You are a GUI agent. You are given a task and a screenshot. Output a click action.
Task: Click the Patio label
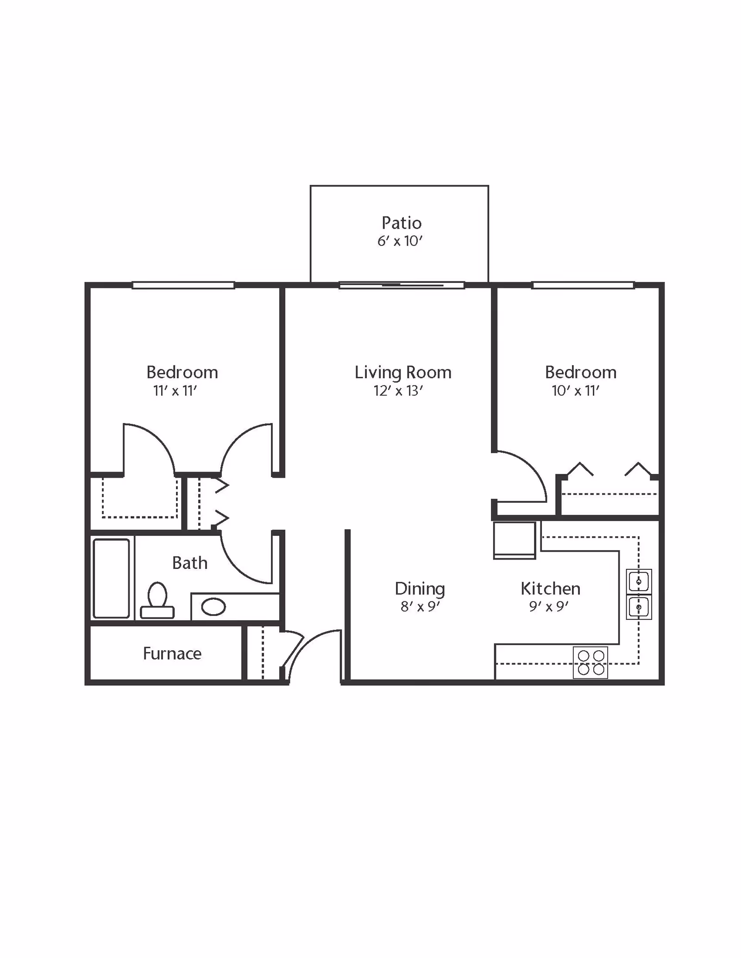point(402,223)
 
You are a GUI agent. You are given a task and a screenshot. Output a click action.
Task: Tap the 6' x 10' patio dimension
point(400,241)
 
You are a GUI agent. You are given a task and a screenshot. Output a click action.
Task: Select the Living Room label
point(403,373)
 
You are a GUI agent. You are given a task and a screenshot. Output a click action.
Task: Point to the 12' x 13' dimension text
point(398,391)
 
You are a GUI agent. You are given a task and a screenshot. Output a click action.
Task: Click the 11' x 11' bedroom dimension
point(175,391)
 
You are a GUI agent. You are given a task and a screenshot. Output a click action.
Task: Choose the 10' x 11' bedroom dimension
point(576,391)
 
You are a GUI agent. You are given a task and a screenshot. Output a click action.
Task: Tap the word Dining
point(420,589)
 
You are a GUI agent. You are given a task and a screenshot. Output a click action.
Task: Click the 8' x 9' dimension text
point(420,607)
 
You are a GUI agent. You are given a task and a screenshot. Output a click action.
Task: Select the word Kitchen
point(550,589)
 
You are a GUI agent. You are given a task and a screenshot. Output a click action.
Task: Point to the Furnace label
point(172,653)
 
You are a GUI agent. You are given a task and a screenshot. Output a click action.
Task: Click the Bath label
point(189,563)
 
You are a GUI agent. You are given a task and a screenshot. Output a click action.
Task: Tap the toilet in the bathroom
point(157,600)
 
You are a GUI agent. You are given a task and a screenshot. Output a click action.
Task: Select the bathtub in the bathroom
point(111,579)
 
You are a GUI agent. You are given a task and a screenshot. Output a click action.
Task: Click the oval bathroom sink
point(214,607)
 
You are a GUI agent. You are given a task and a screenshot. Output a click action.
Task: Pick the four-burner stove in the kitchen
point(590,663)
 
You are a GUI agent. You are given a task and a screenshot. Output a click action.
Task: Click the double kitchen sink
point(639,594)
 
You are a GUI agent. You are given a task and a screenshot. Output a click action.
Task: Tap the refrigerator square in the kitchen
point(515,540)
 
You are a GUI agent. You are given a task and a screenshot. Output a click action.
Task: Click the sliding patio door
point(402,285)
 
